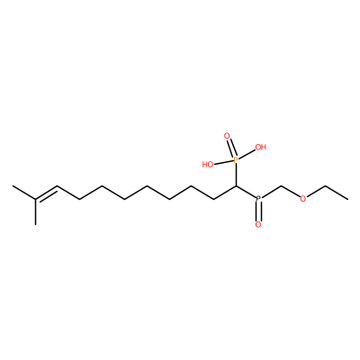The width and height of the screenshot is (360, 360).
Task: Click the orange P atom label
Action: click(x=236, y=160)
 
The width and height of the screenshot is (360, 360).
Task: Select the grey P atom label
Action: click(x=258, y=198)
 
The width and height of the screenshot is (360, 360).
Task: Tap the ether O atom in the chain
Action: click(x=303, y=199)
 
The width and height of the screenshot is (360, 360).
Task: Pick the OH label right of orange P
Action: click(x=260, y=147)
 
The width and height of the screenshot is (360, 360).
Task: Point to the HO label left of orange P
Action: click(x=208, y=165)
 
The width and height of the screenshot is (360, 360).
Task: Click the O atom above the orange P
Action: click(x=227, y=137)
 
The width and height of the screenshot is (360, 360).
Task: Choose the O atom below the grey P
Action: click(x=258, y=224)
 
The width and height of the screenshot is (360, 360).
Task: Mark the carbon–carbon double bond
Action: click(x=46, y=193)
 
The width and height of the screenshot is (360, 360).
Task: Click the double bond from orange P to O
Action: click(x=231, y=148)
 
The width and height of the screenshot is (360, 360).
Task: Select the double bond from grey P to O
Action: click(x=258, y=211)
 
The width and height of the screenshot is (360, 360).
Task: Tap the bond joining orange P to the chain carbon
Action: click(x=236, y=175)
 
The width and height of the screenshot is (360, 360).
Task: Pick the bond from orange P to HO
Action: click(x=223, y=162)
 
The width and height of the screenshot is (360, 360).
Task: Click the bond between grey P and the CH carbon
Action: click(x=246, y=192)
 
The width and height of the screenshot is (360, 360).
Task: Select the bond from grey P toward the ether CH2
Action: click(x=271, y=192)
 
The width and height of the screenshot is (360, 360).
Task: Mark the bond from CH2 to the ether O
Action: click(x=291, y=192)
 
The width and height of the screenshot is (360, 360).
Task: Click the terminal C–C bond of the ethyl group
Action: click(x=337, y=193)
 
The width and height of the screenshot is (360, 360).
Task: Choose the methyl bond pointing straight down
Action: click(x=35, y=211)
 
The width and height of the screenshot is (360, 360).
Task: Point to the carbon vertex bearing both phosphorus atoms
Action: click(x=237, y=186)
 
